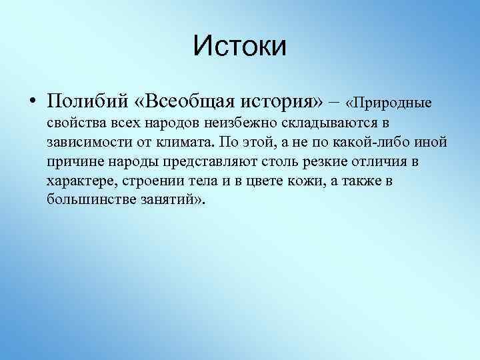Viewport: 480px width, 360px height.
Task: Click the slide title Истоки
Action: (x=240, y=47)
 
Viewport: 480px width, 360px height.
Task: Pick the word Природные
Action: (x=393, y=103)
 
